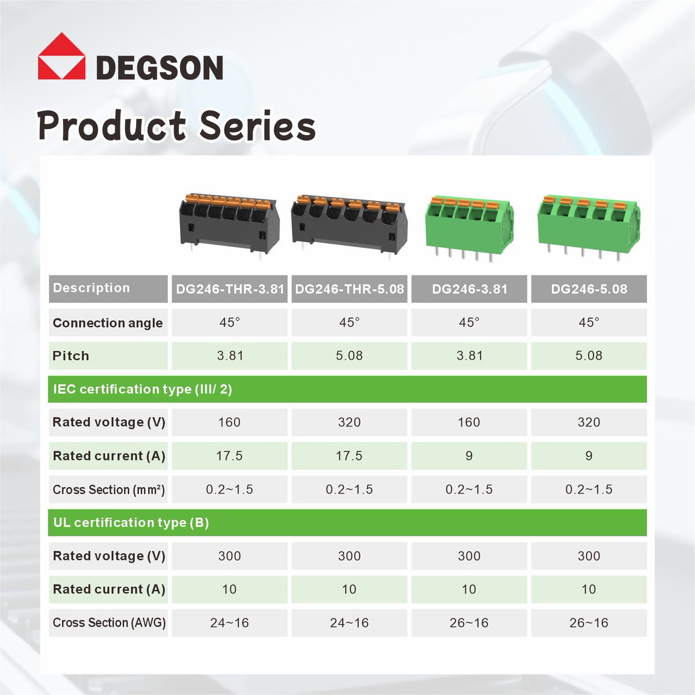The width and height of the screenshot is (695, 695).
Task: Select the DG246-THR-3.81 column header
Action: click(x=230, y=289)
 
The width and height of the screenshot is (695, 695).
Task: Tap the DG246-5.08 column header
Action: click(x=588, y=289)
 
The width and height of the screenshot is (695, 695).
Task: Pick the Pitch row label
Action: click(x=71, y=356)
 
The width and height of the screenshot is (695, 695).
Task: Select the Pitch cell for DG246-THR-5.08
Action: click(x=349, y=356)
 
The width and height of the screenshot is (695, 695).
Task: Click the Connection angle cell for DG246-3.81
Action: click(x=469, y=322)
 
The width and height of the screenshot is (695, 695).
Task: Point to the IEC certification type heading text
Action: click(x=142, y=389)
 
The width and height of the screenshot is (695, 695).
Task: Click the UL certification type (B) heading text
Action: click(x=131, y=522)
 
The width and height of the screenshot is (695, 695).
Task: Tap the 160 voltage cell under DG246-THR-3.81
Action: click(x=229, y=422)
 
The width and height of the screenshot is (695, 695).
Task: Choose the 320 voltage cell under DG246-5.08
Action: click(x=588, y=422)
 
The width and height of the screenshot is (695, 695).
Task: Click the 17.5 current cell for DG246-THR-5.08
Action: click(x=349, y=456)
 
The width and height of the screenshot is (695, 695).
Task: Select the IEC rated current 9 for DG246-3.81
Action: click(x=469, y=456)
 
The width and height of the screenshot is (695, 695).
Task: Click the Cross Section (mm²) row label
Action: click(x=109, y=489)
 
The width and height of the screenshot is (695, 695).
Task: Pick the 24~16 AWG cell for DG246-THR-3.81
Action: click(x=229, y=623)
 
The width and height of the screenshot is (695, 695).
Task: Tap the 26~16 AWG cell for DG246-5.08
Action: click(x=588, y=623)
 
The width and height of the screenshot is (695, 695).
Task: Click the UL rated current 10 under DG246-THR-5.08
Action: click(x=349, y=589)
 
